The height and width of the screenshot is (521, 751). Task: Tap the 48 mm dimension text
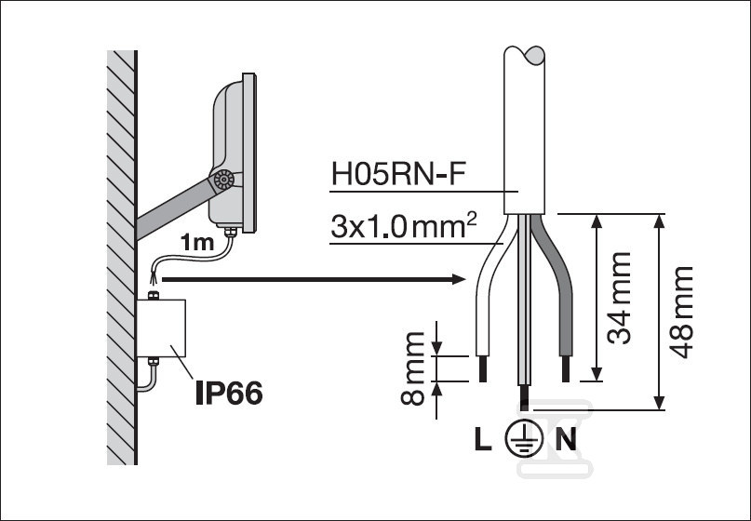point(682,312)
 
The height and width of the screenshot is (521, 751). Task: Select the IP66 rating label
point(228,392)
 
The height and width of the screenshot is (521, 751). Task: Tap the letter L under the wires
point(480,439)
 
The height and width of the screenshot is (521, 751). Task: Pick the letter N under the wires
point(566,439)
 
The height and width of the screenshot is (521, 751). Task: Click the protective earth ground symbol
point(523,439)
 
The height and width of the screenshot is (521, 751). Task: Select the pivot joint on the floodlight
point(222,180)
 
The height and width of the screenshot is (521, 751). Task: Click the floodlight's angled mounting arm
point(172,209)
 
